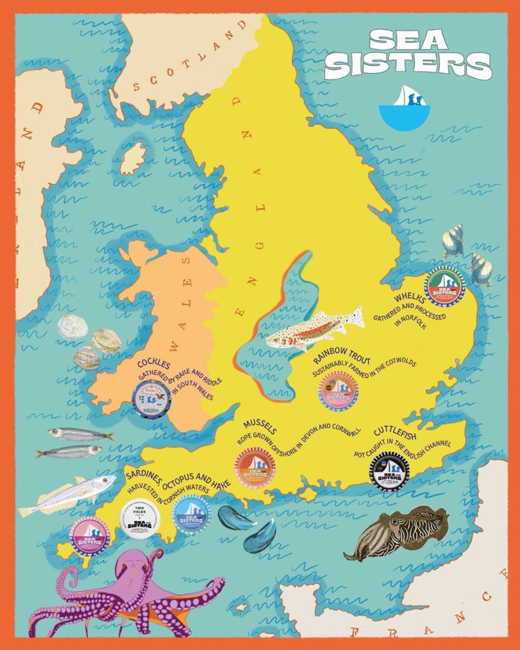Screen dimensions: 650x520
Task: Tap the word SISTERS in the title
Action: pyautogui.click(x=408, y=65)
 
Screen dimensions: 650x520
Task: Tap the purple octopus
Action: pyautogui.click(x=127, y=592)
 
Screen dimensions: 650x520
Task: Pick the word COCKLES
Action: pyautogui.click(x=154, y=364)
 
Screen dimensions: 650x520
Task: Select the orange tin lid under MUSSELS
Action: pyautogui.click(x=255, y=468)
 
